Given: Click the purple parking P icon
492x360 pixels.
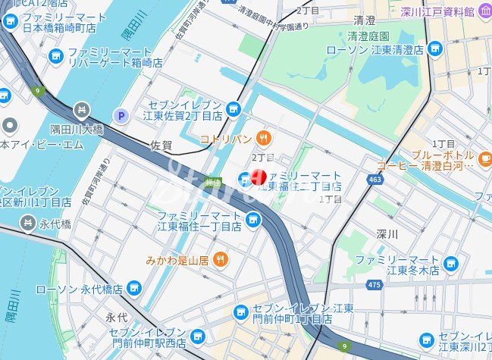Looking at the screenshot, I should pos(119,115).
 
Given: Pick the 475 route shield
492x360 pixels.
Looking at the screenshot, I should pos(372,284).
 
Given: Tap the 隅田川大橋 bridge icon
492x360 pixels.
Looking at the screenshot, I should pos(82,110).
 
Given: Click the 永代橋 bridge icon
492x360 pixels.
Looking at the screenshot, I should pos(28,223).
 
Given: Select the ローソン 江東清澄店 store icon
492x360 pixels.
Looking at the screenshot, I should pos(434,49).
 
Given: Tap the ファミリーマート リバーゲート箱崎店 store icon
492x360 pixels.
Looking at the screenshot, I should pos(55,55).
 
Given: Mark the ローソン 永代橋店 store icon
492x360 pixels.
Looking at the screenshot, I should pos(134,289).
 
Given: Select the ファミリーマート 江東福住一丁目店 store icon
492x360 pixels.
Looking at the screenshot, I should pos(253,220).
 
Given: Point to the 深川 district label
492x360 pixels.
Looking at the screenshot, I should pos(387,234).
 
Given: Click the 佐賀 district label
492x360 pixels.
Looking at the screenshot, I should pos(161,143).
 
